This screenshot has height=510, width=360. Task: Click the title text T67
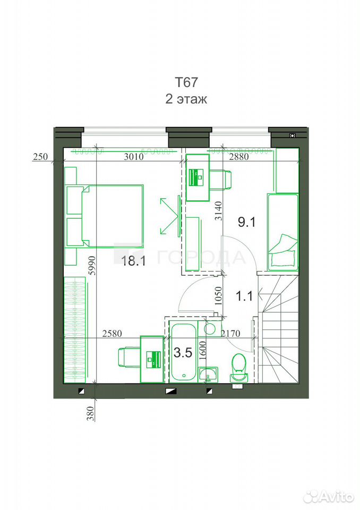pos(186,82)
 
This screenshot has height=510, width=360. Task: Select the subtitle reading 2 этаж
pos(186,99)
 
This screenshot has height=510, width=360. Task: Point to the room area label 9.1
pos(247,222)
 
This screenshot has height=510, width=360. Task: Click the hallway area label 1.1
pos(244,296)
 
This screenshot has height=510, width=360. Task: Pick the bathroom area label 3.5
pos(183,352)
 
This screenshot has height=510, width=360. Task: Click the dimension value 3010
pos(134,157)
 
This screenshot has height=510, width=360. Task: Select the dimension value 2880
pos(239,157)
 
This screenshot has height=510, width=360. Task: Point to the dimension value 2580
pos(112,334)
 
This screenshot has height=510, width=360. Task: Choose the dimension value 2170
pos(230,334)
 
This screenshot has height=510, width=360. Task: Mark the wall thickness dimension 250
pos(40,157)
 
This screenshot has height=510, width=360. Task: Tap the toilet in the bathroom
pos(239,367)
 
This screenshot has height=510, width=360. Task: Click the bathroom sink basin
pos(208,374)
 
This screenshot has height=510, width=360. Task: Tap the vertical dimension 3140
pos(218,211)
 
